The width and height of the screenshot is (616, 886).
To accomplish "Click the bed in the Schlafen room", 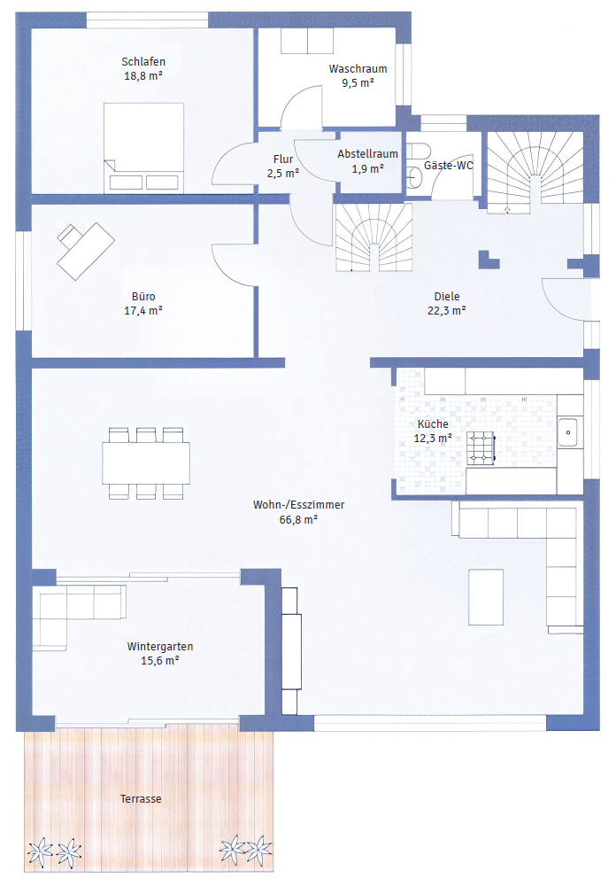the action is click(143, 148).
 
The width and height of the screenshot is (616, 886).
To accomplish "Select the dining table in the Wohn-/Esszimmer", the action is click(146, 463).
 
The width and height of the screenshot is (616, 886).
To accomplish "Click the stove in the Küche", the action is click(481, 448).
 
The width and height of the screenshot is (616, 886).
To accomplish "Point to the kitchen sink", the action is click(568, 432).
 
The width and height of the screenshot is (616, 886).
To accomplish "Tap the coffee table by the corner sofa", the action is click(486, 596).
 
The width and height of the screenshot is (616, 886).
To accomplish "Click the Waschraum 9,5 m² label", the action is click(358, 75).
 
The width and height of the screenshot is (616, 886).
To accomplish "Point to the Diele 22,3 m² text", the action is click(447, 303).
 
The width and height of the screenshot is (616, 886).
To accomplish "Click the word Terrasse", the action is click(141, 799).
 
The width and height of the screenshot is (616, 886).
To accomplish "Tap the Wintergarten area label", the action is click(160, 653).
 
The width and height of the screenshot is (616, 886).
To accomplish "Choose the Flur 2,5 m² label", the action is click(283, 167).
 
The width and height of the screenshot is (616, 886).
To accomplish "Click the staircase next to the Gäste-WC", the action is click(535, 172).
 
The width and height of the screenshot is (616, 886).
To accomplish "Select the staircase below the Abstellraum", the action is click(373, 237).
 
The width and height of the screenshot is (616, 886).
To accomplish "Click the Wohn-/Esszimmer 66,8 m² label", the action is click(298, 512).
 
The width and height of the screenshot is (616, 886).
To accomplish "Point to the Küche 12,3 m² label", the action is click(433, 431).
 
